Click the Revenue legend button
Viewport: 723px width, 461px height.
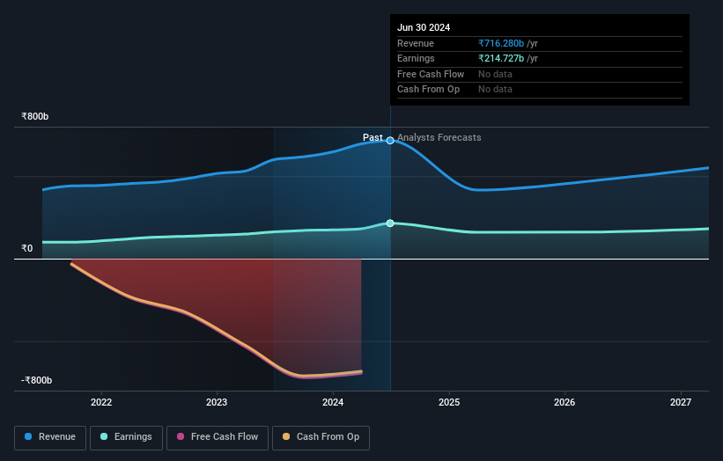(50, 437)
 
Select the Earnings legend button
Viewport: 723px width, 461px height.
(127, 437)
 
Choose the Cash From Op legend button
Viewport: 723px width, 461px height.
(321, 437)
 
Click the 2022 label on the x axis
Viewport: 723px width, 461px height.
(101, 403)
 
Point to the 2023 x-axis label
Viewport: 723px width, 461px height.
(217, 403)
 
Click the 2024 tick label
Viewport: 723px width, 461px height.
(333, 403)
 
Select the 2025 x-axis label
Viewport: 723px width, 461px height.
(449, 403)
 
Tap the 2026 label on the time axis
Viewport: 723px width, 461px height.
(564, 403)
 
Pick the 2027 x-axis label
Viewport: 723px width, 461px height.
(681, 403)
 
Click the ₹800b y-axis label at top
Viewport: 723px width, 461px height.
(35, 116)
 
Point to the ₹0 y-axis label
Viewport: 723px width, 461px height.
(27, 248)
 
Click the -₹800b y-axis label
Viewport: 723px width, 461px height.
(37, 380)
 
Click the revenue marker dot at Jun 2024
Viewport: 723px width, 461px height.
(390, 141)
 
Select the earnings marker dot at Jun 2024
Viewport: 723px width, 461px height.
(390, 223)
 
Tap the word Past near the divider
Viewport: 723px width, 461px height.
(373, 137)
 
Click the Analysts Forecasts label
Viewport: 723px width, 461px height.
(439, 137)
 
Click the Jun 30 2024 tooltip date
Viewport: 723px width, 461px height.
(424, 27)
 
